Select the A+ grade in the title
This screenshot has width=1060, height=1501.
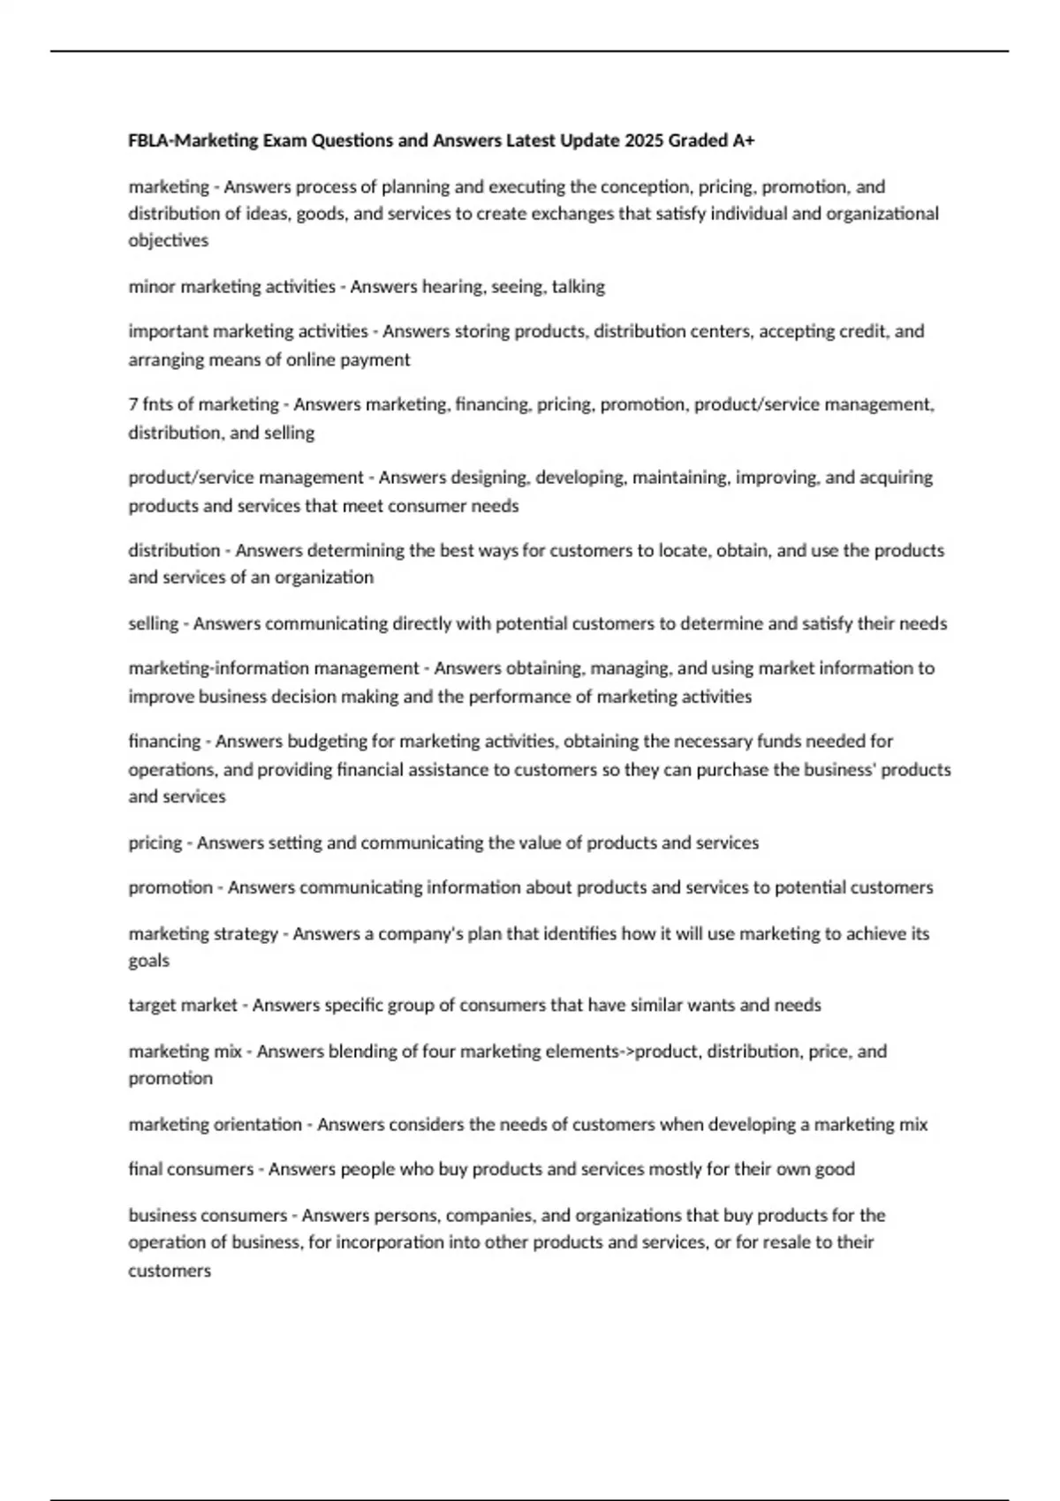[x=743, y=140]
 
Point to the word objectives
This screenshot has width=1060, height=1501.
[x=168, y=240]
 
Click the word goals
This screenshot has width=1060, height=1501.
[x=148, y=961]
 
